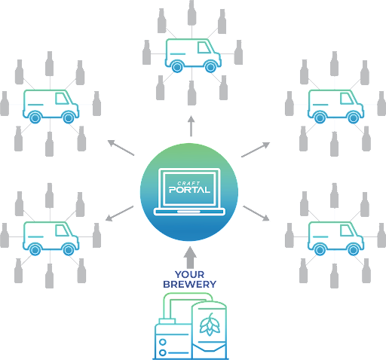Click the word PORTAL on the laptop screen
pyautogui.click(x=189, y=190)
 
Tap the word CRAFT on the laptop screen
pyautogui.click(x=188, y=183)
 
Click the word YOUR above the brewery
pyautogui.click(x=189, y=274)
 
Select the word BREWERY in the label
pyautogui.click(x=189, y=285)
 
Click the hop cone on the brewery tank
pyautogui.click(x=210, y=325)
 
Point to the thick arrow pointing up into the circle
pyautogui.click(x=190, y=258)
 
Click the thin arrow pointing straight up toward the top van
pyautogui.click(x=191, y=126)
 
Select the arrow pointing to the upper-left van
pyautogui.click(x=121, y=148)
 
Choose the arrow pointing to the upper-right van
pyautogui.click(x=256, y=150)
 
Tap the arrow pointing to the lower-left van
pyautogui.click(x=119, y=214)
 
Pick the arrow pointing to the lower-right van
pyautogui.click(x=256, y=213)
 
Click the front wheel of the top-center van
pyautogui.click(x=210, y=67)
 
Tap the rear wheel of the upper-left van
pyautogui.click(x=35, y=117)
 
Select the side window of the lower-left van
pyautogui.click(x=63, y=230)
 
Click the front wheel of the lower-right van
pyautogui.click(x=353, y=250)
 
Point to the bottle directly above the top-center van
pyautogui.click(x=192, y=13)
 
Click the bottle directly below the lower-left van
pyautogui.click(x=49, y=276)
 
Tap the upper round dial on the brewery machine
pyautogui.click(x=163, y=342)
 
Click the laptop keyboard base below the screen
pyautogui.click(x=189, y=212)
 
